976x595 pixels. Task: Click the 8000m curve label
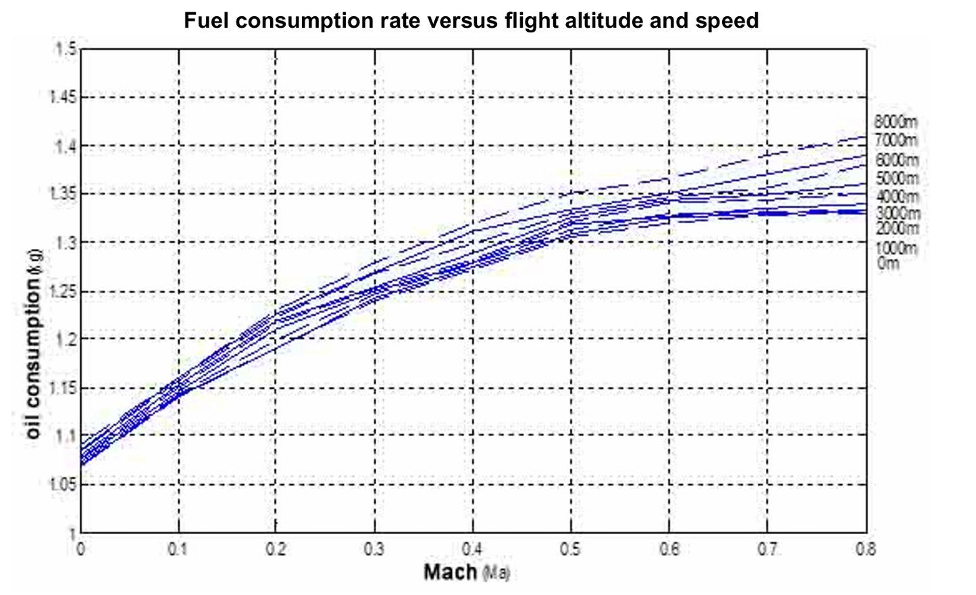[896, 122]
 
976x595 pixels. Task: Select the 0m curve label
[888, 264]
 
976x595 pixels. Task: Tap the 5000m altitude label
[897, 178]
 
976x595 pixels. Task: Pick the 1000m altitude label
[896, 248]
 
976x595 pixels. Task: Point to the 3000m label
[897, 214]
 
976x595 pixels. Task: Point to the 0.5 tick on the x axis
[571, 549]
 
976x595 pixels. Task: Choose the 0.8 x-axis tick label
[865, 549]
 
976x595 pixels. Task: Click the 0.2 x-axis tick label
[276, 549]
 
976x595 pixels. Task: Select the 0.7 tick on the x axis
[767, 549]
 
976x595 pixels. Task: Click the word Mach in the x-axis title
[451, 573]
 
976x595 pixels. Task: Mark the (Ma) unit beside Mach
[496, 573]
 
